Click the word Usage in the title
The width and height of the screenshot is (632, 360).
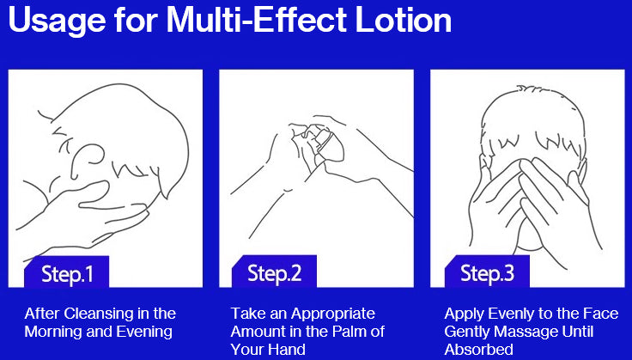pos(58,20)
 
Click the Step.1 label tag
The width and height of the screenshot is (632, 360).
pos(66,272)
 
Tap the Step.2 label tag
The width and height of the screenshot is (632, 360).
pos(274,272)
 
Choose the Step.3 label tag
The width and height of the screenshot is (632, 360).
pos(487,272)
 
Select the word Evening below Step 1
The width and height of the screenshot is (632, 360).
pos(144,332)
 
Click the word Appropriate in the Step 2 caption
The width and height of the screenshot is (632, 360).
pos(333,314)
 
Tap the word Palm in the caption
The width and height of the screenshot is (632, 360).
pos(350,332)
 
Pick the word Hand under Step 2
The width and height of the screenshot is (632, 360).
pos(287,349)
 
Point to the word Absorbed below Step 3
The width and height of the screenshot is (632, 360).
pos(479,349)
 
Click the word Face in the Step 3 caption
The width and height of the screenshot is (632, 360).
pos(601,314)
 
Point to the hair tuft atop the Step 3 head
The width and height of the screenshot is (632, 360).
pos(530,89)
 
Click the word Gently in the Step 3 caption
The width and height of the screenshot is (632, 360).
pos(467,332)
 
